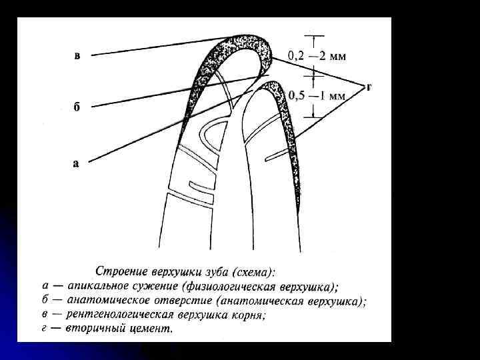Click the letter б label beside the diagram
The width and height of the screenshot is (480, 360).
tap(77, 109)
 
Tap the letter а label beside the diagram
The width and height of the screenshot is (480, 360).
tap(75, 162)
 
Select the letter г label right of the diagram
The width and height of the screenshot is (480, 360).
tap(369, 86)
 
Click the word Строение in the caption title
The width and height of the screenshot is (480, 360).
tap(119, 271)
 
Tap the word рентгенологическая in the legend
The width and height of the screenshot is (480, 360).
tap(117, 314)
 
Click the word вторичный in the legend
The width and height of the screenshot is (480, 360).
tap(90, 328)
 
